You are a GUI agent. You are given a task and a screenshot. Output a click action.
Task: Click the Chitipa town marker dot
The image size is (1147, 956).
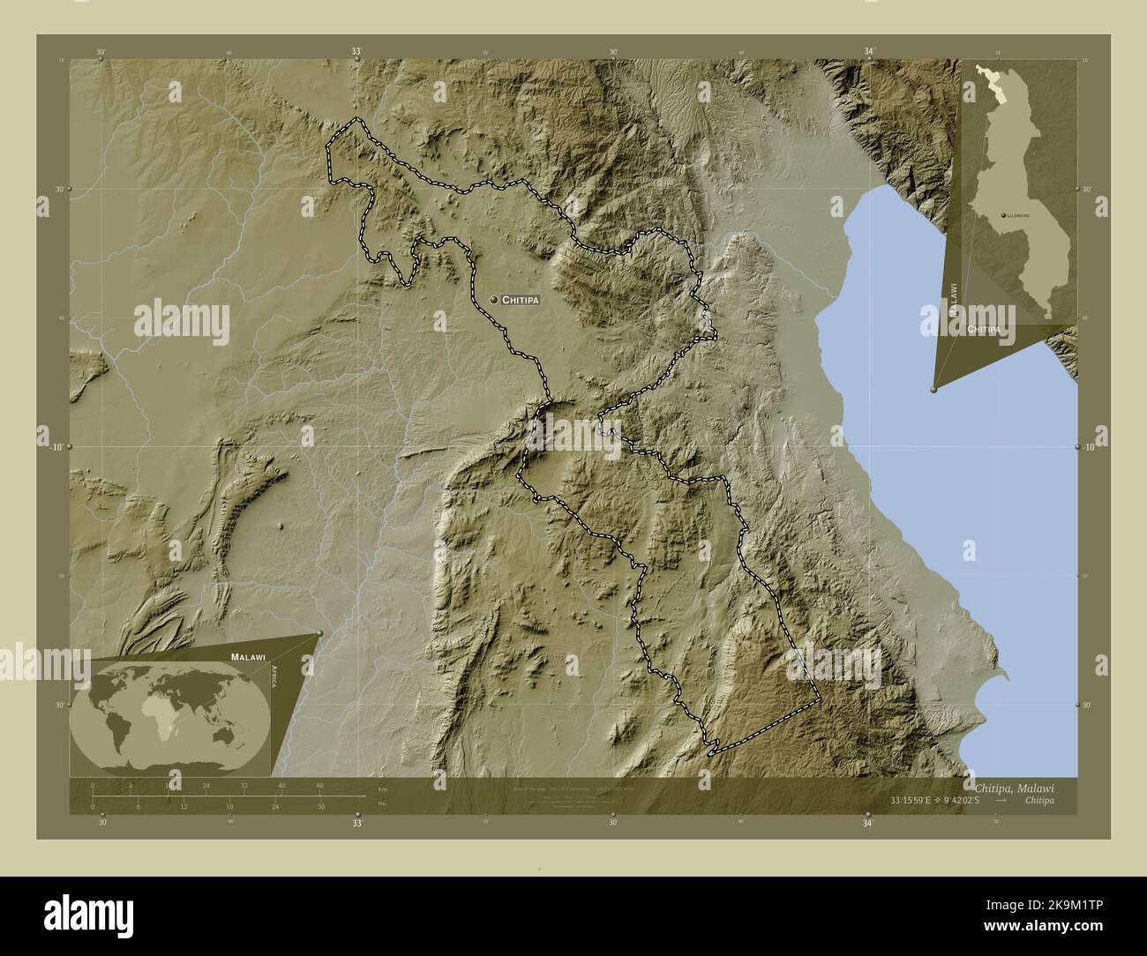pos(494,300)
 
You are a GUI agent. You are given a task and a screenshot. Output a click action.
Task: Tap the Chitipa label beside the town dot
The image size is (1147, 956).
pos(520,300)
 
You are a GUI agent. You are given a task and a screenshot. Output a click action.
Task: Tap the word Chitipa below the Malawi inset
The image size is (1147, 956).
pos(984,329)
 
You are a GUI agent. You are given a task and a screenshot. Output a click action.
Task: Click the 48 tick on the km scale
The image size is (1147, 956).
pos(319,785)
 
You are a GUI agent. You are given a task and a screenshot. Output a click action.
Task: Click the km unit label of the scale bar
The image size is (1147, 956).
pos(382,788)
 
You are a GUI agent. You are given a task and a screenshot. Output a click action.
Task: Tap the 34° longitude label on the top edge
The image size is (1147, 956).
pos(869,53)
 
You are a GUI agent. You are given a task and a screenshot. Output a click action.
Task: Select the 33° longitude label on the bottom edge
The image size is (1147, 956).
pos(357,824)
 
